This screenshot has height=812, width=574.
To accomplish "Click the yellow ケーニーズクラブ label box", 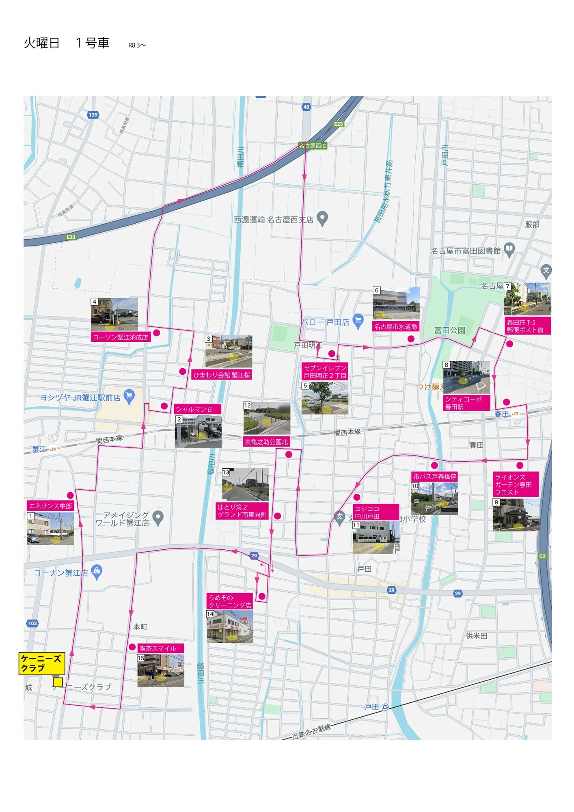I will pos(41,663).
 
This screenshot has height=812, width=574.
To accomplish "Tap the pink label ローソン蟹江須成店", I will pos(121,337).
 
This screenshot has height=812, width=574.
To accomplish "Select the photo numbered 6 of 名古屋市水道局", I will pos(396,303).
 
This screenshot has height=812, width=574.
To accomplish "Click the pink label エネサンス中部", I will pos(50,506).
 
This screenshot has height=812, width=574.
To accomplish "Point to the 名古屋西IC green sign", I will pos(313,146).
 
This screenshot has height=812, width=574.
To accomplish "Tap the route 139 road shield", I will pos(93,115).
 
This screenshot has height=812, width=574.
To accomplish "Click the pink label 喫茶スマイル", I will pos(160,648).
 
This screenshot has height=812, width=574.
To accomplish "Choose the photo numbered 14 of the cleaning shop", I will pos(230,627).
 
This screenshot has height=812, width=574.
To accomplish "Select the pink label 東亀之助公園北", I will pos(266,442).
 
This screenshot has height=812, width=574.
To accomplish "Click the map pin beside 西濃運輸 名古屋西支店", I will pos(322,218).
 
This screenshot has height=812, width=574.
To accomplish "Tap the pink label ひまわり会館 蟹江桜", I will pos(222,375).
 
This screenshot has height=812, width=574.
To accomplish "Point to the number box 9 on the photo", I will pos(496,503).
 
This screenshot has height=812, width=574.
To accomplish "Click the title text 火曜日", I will pos(41,43).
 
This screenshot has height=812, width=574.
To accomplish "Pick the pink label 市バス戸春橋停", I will pos(435,477).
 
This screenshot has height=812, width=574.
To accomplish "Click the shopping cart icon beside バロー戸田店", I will pos(358,321).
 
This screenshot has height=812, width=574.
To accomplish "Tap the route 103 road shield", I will pos(32,623).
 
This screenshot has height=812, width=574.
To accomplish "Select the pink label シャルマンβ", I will pos(197,409).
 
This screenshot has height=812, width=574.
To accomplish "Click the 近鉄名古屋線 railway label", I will pos(311,731).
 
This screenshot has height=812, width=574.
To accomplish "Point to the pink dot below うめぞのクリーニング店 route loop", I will pos(262,596).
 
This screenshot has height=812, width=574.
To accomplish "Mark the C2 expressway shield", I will pos(542,556).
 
